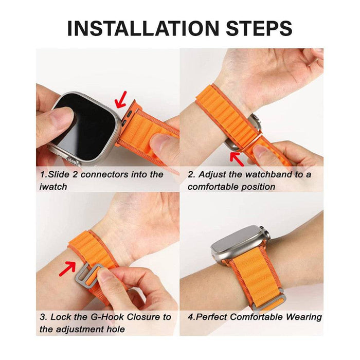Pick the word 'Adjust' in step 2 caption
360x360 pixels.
pos(217,174)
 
